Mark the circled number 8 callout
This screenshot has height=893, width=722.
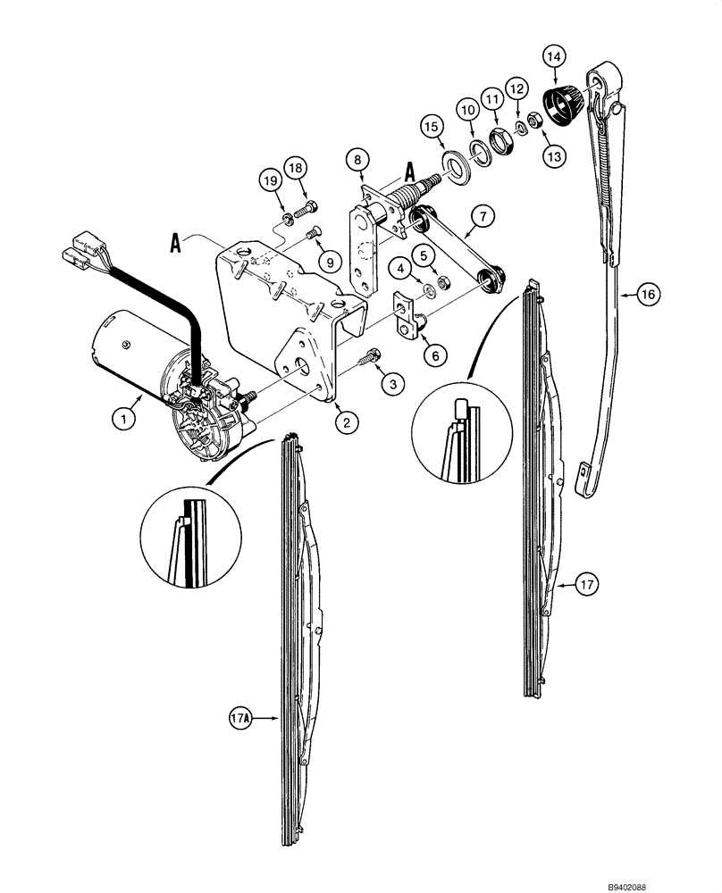click(357, 160)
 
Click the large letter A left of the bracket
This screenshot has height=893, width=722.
click(175, 243)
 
